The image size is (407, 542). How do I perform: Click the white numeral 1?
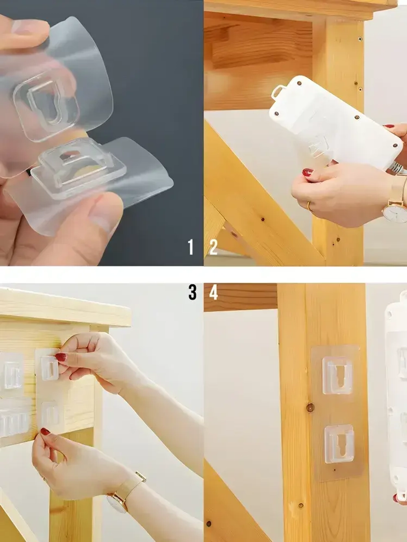pos(190,247)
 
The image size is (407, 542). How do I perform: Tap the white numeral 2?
pos(214,247)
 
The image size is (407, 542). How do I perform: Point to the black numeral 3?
pos(193,292)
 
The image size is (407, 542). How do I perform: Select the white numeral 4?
pos(214,292)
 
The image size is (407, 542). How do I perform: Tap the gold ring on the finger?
pos(310,206)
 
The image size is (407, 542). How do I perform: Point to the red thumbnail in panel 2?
pos(308,172)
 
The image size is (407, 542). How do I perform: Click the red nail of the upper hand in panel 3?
pos(61,357)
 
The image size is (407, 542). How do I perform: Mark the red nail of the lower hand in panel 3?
pos(46,431)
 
